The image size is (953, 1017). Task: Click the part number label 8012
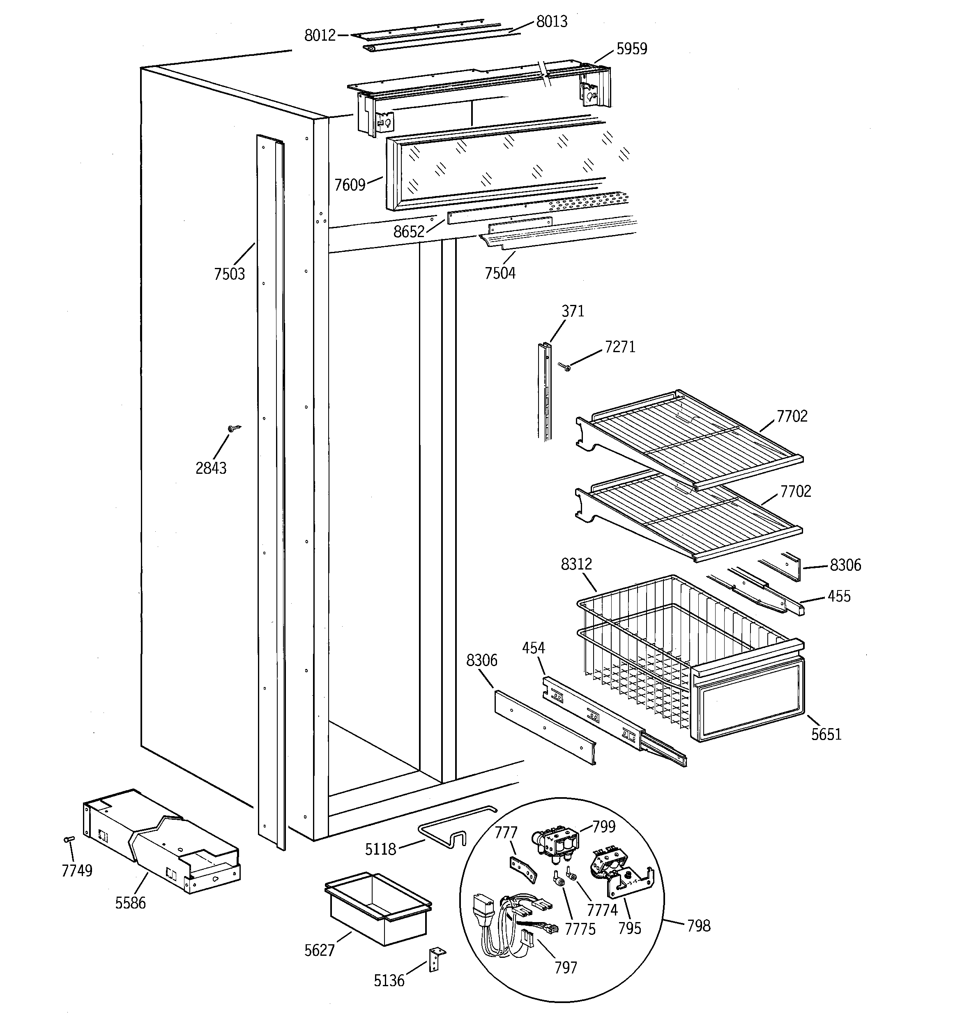tap(320, 35)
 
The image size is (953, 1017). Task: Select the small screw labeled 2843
tap(233, 428)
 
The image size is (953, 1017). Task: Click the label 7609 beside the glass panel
tap(350, 184)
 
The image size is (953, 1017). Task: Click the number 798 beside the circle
tap(698, 925)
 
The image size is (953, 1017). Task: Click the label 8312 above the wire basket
tap(576, 564)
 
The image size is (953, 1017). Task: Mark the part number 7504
tap(500, 273)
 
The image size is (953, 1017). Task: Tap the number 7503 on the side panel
tap(229, 274)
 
